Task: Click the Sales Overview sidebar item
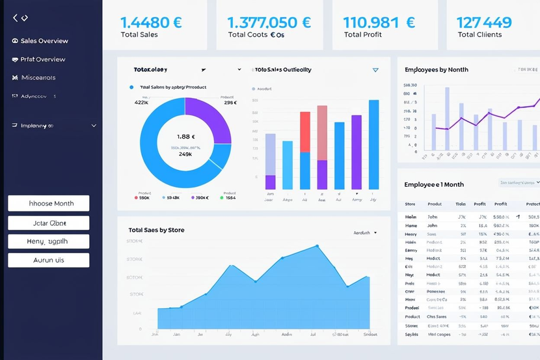point(44,41)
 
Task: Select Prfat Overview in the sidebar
point(43,59)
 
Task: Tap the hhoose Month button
point(49,203)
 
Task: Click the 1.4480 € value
point(151,21)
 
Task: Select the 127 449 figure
point(484,22)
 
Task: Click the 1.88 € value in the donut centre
point(185,137)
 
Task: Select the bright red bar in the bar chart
point(304,135)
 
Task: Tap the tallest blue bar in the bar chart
point(373,144)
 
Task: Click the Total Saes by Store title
point(156,230)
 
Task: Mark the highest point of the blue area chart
point(317,245)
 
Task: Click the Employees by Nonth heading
point(436,70)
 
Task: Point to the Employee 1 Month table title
point(434,185)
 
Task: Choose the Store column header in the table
point(410,204)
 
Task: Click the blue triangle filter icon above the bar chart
point(375,70)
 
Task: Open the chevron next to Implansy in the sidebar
point(94,126)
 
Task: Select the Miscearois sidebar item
point(38,77)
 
